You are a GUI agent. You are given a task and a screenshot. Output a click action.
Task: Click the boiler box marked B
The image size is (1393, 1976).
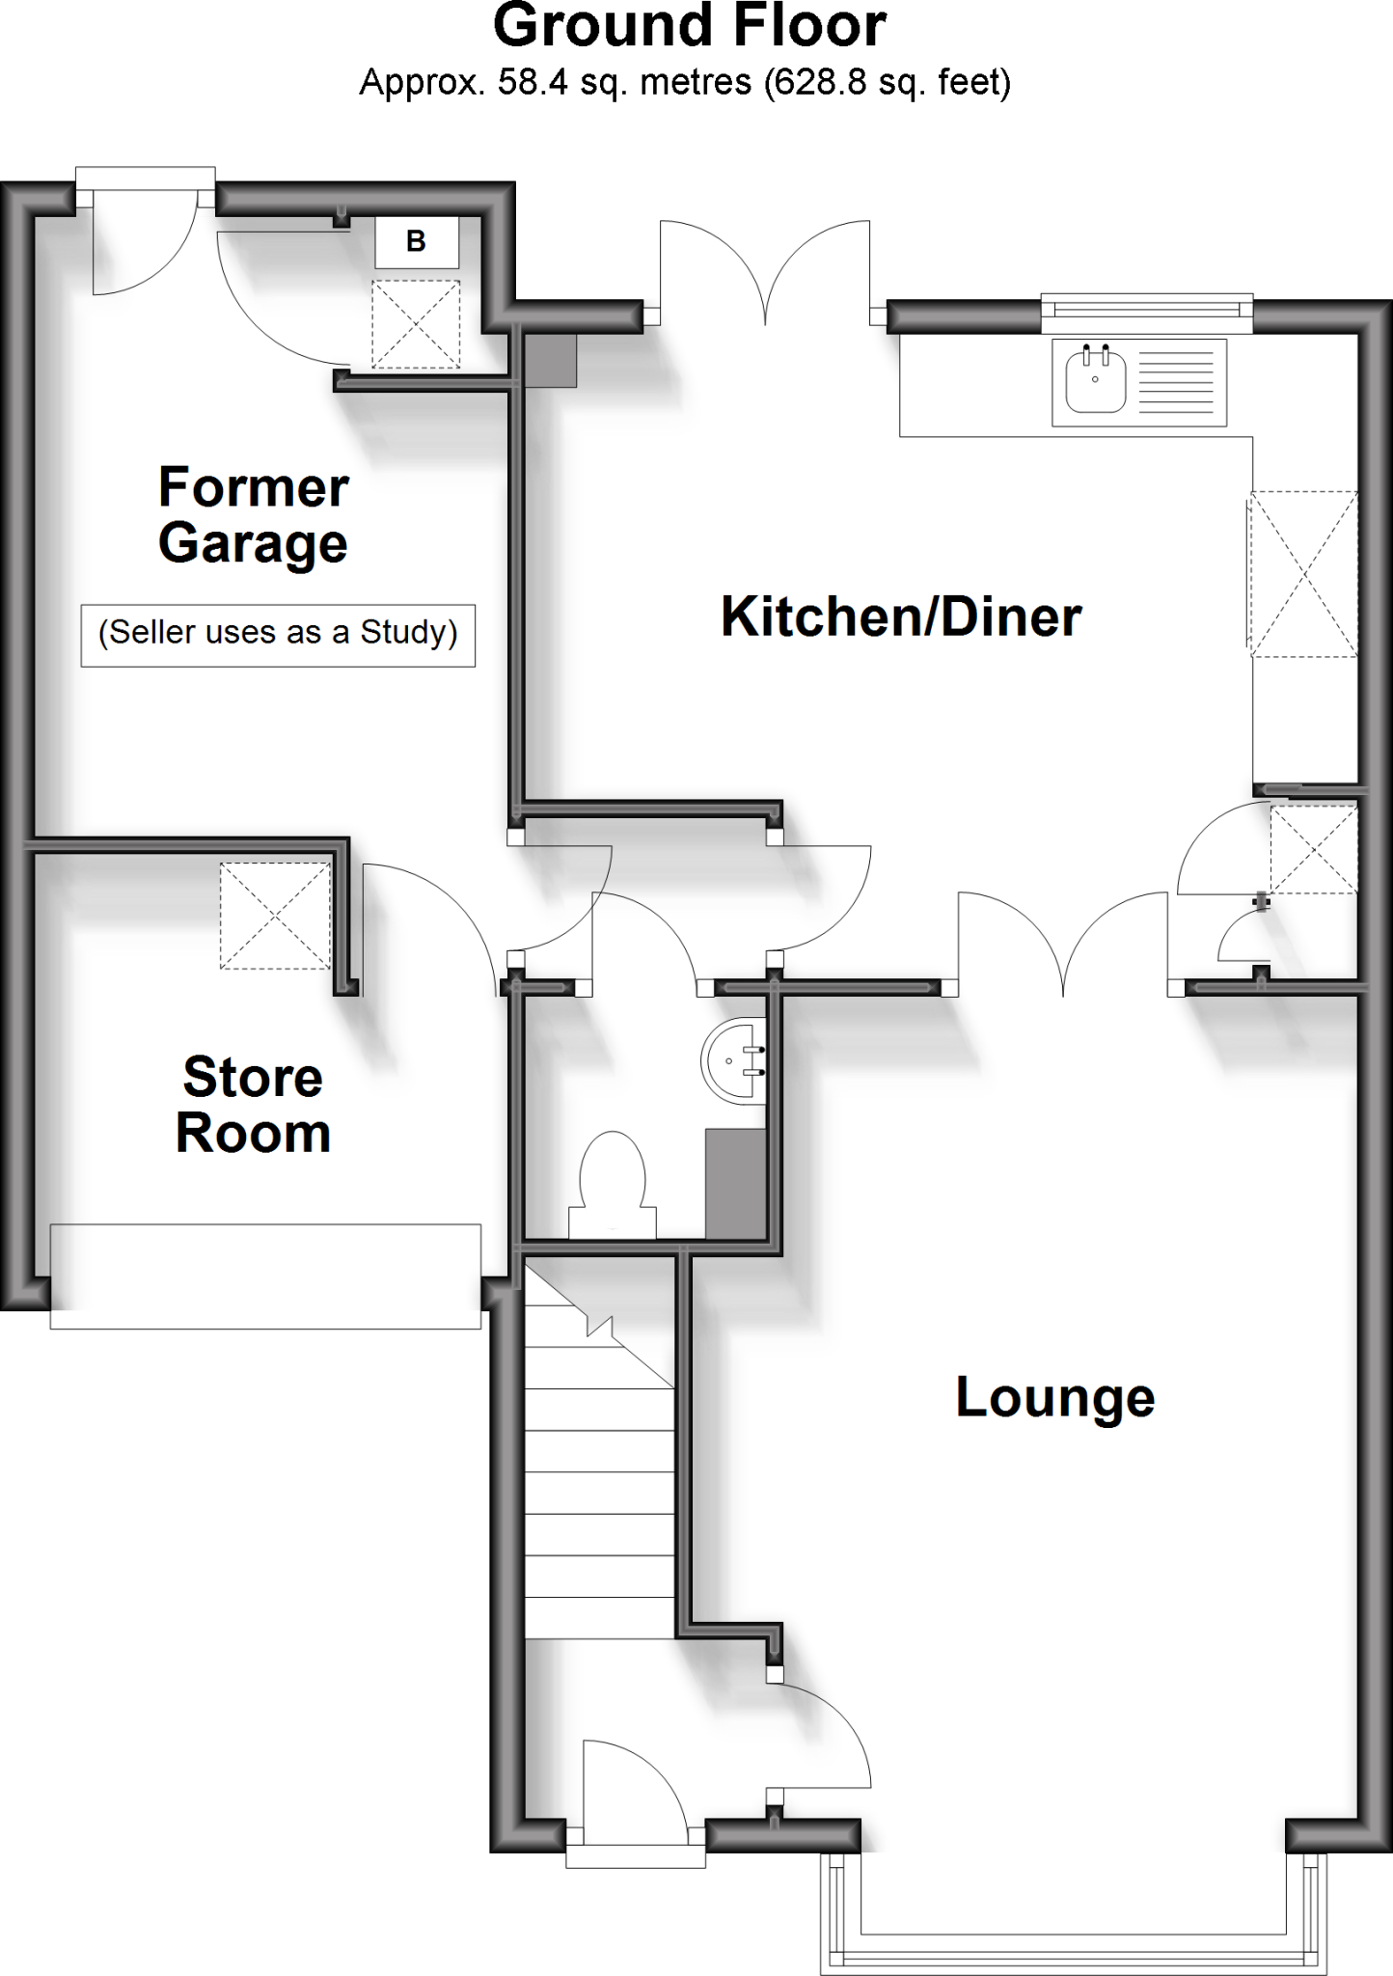tap(416, 241)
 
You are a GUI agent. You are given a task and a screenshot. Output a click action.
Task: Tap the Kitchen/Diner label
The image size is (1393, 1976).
tap(901, 617)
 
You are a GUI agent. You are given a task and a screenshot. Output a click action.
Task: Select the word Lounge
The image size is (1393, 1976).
tap(1054, 1398)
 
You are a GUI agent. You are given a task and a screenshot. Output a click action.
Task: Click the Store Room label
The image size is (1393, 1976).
tap(253, 1105)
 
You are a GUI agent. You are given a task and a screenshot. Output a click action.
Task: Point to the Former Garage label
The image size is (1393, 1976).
tap(253, 515)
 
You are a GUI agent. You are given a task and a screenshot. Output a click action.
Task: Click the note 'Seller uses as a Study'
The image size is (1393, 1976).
tap(278, 634)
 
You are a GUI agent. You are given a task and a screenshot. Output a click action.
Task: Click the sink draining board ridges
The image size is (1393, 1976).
tap(1177, 382)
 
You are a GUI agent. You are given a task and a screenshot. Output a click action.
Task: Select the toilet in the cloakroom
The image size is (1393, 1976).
tap(612, 1182)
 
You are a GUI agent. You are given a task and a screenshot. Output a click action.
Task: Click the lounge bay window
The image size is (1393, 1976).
tap(1074, 1914)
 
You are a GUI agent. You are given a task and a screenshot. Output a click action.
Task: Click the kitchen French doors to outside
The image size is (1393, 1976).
tap(765, 270)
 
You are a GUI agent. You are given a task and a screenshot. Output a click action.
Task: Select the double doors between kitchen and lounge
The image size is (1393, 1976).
tap(1063, 941)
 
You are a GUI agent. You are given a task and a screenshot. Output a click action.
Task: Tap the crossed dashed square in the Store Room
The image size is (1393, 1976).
tap(275, 916)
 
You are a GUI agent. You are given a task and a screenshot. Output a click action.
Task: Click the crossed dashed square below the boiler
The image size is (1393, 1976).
tap(416, 324)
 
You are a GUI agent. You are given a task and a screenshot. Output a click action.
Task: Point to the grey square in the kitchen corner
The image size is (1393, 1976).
tap(550, 360)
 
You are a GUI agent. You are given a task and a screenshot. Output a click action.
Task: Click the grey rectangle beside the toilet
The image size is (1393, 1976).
tap(735, 1183)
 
